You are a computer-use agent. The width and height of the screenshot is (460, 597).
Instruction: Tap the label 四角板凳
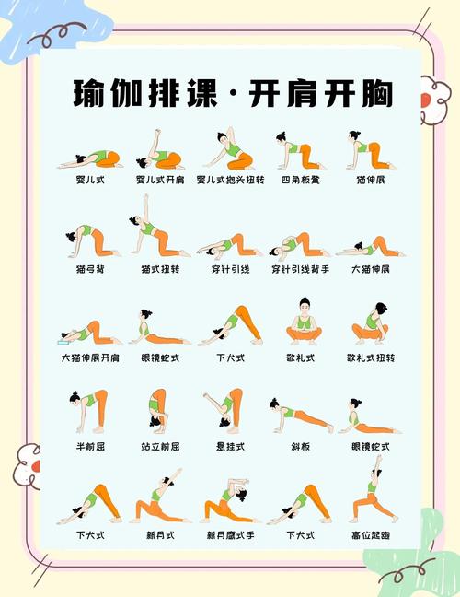[x=299, y=179]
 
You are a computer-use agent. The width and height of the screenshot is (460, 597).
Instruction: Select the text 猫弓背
[x=90, y=269]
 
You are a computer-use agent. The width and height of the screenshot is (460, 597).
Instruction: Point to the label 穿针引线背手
[x=300, y=269]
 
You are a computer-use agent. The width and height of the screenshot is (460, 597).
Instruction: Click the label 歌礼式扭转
[x=370, y=357]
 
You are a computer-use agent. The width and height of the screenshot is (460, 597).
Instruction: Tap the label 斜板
[x=299, y=446]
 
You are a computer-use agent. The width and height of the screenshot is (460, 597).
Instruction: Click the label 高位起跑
[x=370, y=534]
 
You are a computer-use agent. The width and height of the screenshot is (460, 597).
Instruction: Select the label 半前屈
[x=90, y=446]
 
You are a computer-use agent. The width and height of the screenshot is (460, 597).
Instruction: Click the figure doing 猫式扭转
[x=157, y=230]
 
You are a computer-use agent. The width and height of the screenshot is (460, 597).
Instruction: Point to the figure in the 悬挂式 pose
[x=225, y=410]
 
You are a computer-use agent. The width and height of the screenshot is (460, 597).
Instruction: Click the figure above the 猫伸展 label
[x=370, y=150]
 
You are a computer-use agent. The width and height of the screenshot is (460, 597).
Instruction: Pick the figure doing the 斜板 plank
[x=300, y=414]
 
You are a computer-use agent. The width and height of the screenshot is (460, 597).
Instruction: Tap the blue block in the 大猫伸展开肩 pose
[x=68, y=337]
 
